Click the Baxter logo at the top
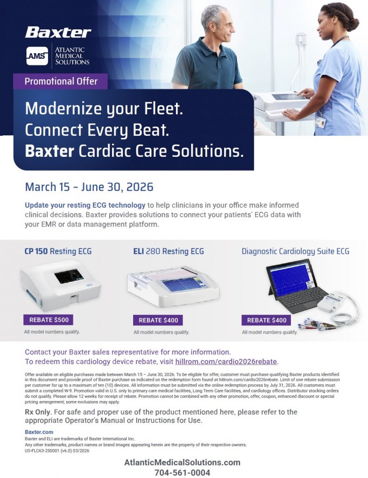pyautogui.click(x=58, y=32)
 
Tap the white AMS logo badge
pyautogui.click(x=37, y=56)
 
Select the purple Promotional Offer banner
pyautogui.click(x=60, y=81)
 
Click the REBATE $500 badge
pyautogui.click(x=49, y=320)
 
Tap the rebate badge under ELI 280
pyautogui.click(x=158, y=320)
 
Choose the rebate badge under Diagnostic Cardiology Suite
pyautogui.click(x=266, y=320)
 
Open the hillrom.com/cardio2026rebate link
pyautogui.click(x=226, y=362)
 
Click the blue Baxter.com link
pyautogui.click(x=39, y=432)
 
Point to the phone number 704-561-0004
pyautogui.click(x=182, y=472)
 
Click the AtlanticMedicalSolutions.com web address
pyautogui.click(x=182, y=463)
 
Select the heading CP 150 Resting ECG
pyautogui.click(x=58, y=251)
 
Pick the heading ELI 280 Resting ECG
pyautogui.click(x=169, y=251)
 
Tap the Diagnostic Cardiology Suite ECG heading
pyautogui.click(x=296, y=252)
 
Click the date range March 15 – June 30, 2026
pyautogui.click(x=89, y=187)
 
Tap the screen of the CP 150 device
pyautogui.click(x=69, y=276)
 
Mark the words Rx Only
pyautogui.click(x=38, y=412)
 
